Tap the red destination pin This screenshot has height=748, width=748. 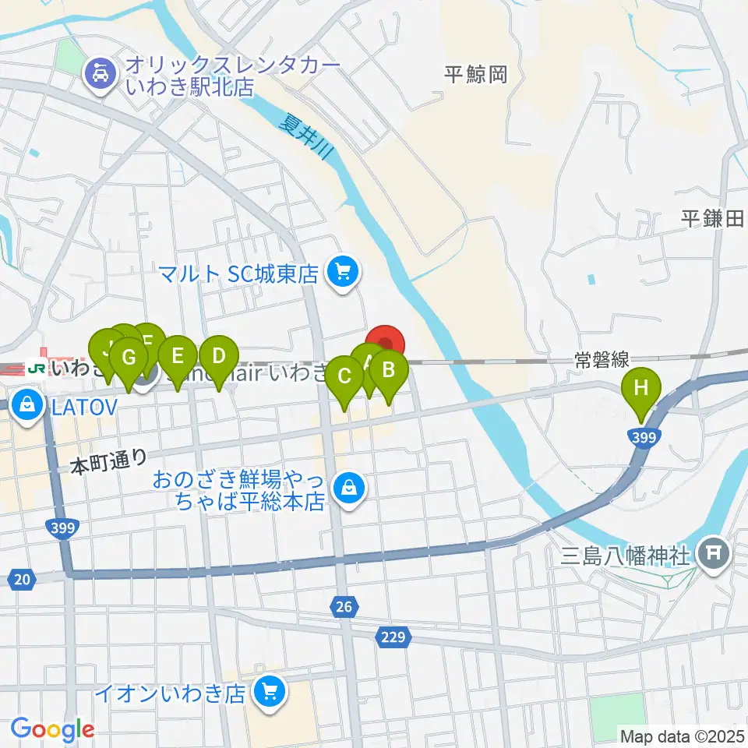tap(386, 343)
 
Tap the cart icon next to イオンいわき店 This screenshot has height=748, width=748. tap(270, 690)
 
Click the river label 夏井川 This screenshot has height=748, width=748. tap(306, 138)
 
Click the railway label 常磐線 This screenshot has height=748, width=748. tap(602, 359)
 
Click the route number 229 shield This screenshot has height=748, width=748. tap(393, 638)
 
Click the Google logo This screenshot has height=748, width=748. tap(52, 729)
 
